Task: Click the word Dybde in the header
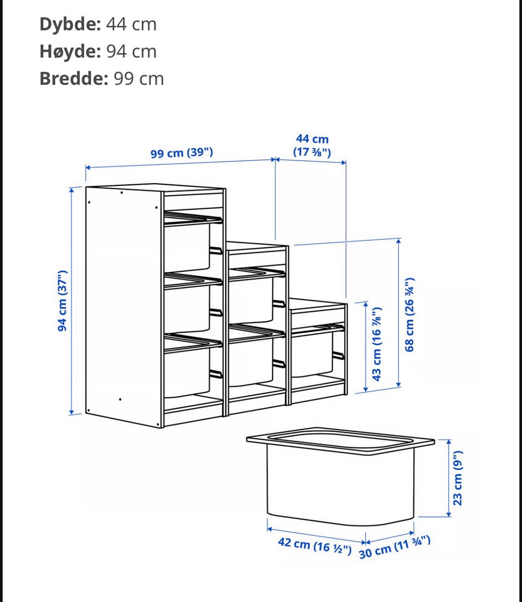tap(70, 24)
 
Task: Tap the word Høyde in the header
tap(70, 52)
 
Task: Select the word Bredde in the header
tap(74, 79)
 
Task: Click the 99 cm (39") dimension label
tap(182, 153)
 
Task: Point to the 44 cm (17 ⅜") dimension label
tap(312, 146)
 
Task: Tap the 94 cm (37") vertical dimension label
tap(62, 301)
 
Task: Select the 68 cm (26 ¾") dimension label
tap(409, 314)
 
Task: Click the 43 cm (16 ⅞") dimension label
tap(376, 344)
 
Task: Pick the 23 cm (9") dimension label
tap(457, 478)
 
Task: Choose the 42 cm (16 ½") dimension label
tap(314, 545)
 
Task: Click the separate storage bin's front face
tap(340, 486)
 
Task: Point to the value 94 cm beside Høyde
tap(131, 52)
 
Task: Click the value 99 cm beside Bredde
tap(139, 79)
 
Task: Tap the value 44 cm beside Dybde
tap(131, 24)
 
